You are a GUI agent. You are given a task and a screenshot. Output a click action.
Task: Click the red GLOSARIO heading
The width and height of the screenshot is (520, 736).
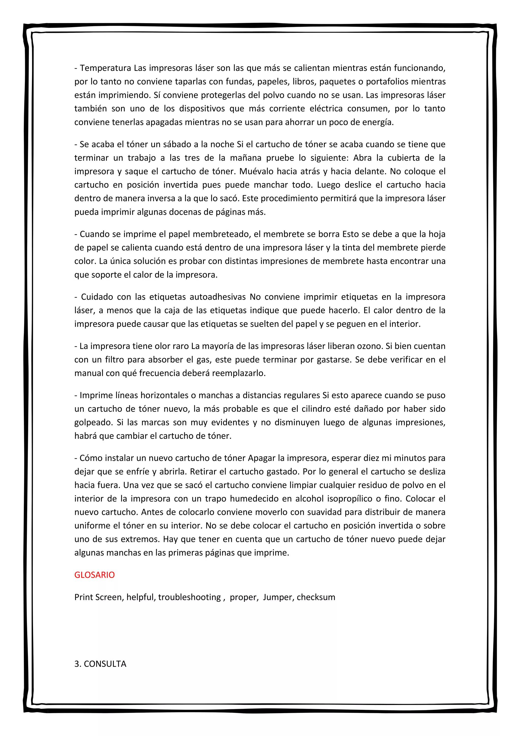coord(94,575)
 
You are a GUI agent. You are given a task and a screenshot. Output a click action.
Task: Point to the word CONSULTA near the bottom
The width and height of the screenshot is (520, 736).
coord(105,664)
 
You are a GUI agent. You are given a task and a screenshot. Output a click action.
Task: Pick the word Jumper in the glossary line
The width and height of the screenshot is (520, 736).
coord(278,597)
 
